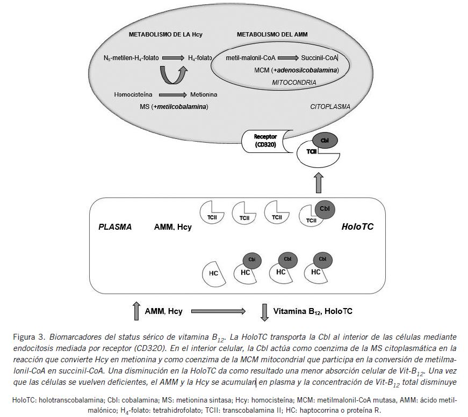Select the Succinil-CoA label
319,57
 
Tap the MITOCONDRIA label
294,83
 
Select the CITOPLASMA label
330,107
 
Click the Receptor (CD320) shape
264,141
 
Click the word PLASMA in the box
115,227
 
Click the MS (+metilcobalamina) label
174,107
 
